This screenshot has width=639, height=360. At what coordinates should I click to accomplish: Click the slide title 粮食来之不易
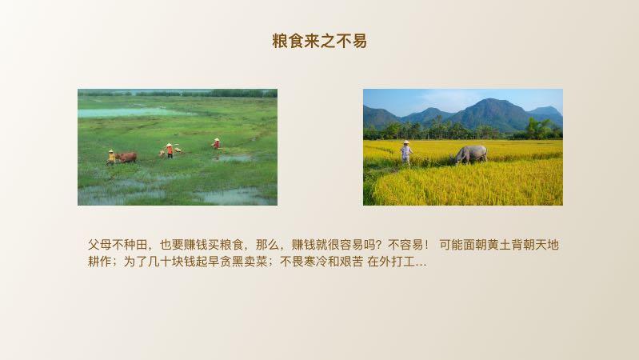point(319,41)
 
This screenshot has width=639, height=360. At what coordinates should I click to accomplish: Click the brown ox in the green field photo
point(126,157)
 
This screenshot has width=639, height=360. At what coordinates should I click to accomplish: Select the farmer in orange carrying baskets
point(170,150)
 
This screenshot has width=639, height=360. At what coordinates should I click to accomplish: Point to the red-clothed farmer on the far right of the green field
point(216,143)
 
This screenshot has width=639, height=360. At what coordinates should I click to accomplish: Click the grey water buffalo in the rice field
point(471,154)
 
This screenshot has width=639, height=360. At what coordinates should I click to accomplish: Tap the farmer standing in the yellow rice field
point(406,152)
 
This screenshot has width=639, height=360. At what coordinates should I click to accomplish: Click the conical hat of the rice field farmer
point(406,143)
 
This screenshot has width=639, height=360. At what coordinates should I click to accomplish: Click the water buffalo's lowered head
point(459,159)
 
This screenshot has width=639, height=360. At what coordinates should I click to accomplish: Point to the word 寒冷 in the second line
point(320,262)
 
